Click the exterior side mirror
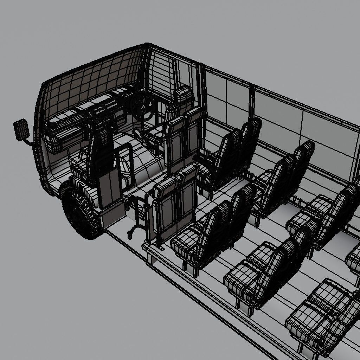[21, 129]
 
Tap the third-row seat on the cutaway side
[320, 316]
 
